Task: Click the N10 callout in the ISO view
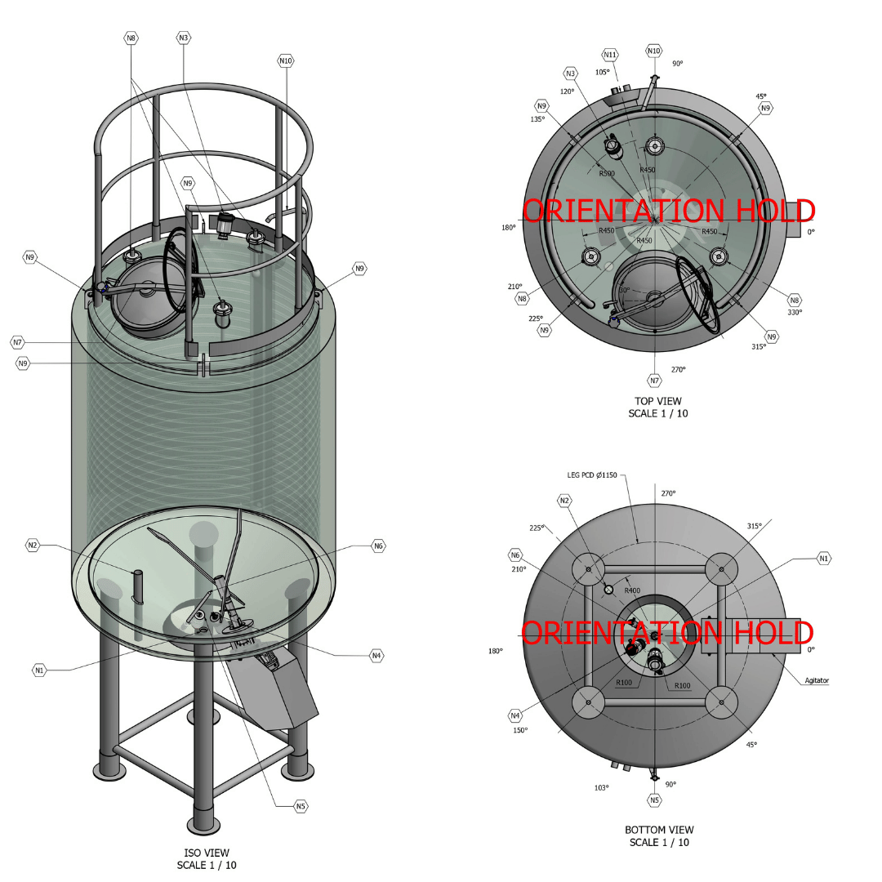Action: tap(286, 60)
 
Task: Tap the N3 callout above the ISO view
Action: tap(184, 38)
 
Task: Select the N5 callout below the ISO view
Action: tap(301, 806)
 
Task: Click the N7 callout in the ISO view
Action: tap(18, 342)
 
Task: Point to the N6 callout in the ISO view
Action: tap(379, 546)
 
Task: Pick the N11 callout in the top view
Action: tap(610, 55)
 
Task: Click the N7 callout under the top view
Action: tap(654, 381)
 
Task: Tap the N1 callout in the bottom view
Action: tap(824, 559)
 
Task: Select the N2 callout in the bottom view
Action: tap(565, 501)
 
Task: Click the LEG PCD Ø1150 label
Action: tap(592, 474)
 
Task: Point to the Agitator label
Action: tap(817, 680)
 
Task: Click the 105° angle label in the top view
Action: tap(603, 72)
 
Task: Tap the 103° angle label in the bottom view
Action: tap(601, 787)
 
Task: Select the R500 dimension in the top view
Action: tap(607, 173)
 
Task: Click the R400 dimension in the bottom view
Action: tap(632, 590)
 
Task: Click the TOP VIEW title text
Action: tap(658, 401)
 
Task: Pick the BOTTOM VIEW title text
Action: tap(659, 830)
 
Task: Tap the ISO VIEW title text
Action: tap(207, 853)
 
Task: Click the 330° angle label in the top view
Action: tap(795, 312)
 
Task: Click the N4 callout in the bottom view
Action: tap(515, 715)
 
